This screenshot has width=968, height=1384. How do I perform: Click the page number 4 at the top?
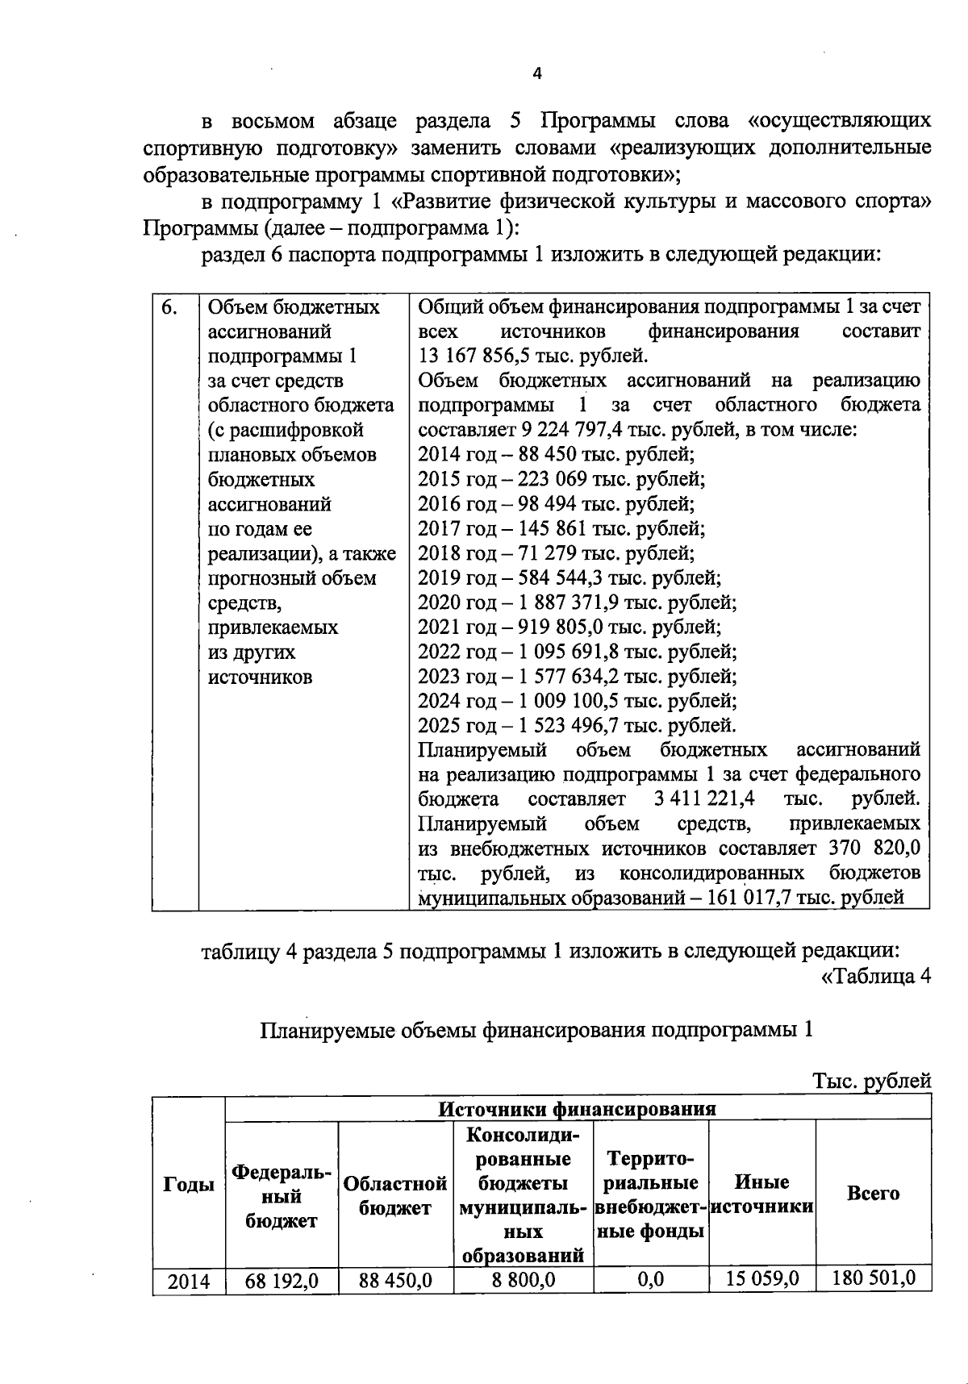[537, 73]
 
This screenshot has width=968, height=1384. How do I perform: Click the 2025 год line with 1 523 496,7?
[577, 725]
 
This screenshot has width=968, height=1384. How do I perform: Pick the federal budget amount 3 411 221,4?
[704, 799]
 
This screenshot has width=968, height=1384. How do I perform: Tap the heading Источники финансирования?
[577, 1109]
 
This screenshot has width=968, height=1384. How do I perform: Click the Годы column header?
[189, 1184]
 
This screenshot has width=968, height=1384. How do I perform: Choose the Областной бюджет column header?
[395, 1195]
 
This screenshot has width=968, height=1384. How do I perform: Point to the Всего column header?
[873, 1193]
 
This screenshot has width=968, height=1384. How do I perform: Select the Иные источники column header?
[762, 1194]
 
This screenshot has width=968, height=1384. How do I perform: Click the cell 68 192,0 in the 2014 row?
[282, 1281]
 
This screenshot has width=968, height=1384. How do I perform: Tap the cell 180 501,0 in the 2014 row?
[874, 1278]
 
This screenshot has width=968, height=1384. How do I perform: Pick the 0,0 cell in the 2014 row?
[650, 1280]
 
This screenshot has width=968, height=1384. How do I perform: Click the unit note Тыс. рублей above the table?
[872, 1081]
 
